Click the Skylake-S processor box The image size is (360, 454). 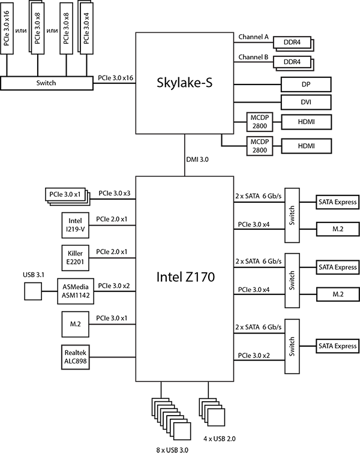(x=184, y=83)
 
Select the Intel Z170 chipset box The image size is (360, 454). (x=184, y=278)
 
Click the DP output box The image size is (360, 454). (x=306, y=84)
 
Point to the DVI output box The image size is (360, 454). (x=306, y=103)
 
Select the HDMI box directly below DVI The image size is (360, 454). (x=306, y=122)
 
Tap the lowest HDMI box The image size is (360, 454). (x=306, y=146)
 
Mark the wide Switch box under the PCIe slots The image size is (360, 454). (x=46, y=83)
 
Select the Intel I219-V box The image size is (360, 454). (x=76, y=224)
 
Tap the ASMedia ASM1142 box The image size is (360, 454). (x=76, y=291)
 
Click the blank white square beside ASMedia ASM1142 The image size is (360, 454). (x=33, y=291)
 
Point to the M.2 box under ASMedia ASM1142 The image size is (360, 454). (x=76, y=324)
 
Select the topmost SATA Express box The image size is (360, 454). (x=337, y=202)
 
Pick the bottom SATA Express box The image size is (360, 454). (x=337, y=346)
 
